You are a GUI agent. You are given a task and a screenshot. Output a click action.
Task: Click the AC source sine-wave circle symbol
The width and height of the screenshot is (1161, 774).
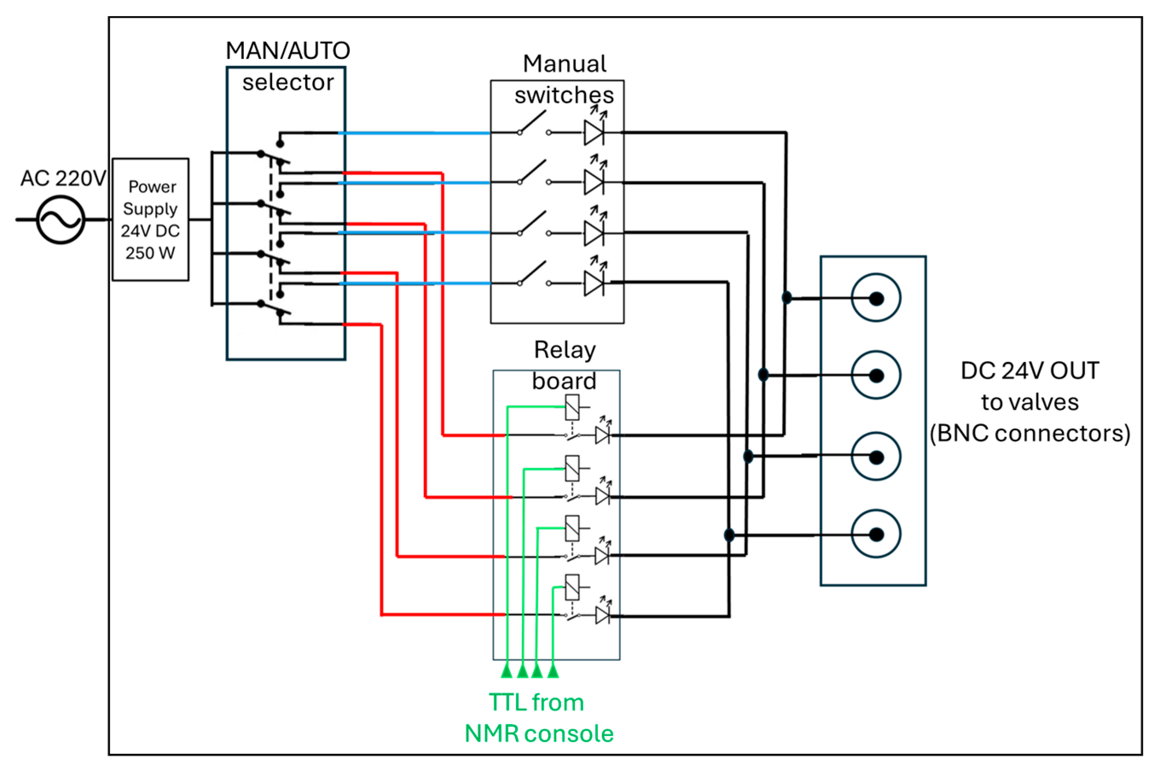click(61, 220)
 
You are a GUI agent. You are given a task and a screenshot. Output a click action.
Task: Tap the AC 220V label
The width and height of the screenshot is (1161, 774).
click(63, 178)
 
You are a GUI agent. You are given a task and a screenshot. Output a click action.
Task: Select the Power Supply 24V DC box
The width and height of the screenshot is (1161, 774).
click(151, 220)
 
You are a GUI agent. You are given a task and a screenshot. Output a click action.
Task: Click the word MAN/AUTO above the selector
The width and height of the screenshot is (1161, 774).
click(288, 50)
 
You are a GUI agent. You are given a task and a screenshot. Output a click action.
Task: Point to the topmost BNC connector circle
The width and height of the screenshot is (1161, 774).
click(876, 298)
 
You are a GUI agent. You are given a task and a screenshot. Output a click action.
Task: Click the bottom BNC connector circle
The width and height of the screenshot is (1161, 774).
click(876, 534)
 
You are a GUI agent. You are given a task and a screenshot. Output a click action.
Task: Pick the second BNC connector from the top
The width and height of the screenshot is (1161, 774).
click(876, 375)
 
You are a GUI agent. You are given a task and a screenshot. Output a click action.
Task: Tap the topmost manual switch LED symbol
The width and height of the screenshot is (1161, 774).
click(594, 132)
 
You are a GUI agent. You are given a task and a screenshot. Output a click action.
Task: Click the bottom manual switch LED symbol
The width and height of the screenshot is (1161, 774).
click(594, 283)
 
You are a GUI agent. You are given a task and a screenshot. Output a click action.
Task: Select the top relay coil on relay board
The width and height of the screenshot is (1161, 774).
click(572, 407)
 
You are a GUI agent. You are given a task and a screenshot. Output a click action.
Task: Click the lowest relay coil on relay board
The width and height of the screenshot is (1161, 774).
click(572, 587)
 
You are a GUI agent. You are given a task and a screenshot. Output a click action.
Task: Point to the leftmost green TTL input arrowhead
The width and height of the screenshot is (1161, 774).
click(507, 671)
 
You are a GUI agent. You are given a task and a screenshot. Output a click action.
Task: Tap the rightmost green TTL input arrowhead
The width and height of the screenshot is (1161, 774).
click(553, 671)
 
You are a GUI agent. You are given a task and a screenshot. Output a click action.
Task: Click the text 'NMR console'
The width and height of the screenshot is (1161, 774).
click(539, 734)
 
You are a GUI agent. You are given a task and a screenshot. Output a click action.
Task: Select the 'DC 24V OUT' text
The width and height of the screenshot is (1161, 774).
click(1030, 371)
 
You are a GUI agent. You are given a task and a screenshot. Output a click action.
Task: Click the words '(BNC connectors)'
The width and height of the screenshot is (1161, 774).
click(1030, 433)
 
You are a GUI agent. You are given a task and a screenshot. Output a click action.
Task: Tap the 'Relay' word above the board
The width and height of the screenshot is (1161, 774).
click(565, 350)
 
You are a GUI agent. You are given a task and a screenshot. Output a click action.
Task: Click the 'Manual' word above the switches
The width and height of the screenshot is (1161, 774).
click(565, 64)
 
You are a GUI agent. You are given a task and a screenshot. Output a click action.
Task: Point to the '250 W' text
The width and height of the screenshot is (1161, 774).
click(150, 253)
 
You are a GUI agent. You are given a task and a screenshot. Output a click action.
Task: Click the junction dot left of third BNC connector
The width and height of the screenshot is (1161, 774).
click(748, 456)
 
